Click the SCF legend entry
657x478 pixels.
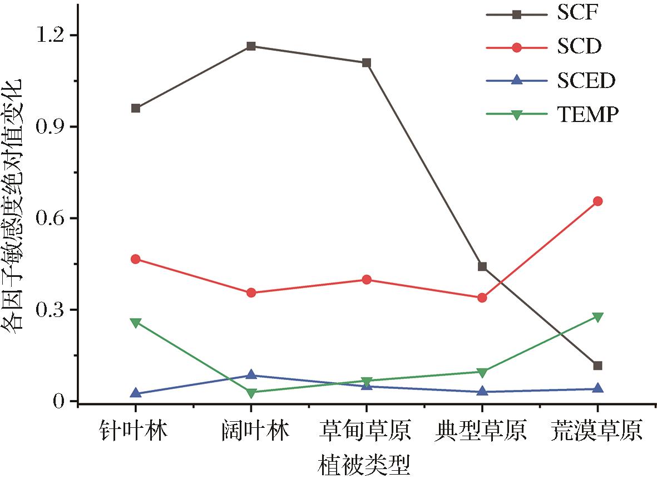click(577, 13)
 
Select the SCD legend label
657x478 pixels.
click(579, 47)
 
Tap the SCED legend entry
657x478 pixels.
click(586, 81)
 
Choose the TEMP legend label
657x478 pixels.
click(587, 115)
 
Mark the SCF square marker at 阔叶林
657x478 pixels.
click(251, 46)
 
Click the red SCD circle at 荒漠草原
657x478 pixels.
click(597, 201)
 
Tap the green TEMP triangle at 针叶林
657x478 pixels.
click(136, 323)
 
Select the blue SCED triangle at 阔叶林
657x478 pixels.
click(251, 375)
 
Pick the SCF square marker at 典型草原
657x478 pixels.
click(482, 267)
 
